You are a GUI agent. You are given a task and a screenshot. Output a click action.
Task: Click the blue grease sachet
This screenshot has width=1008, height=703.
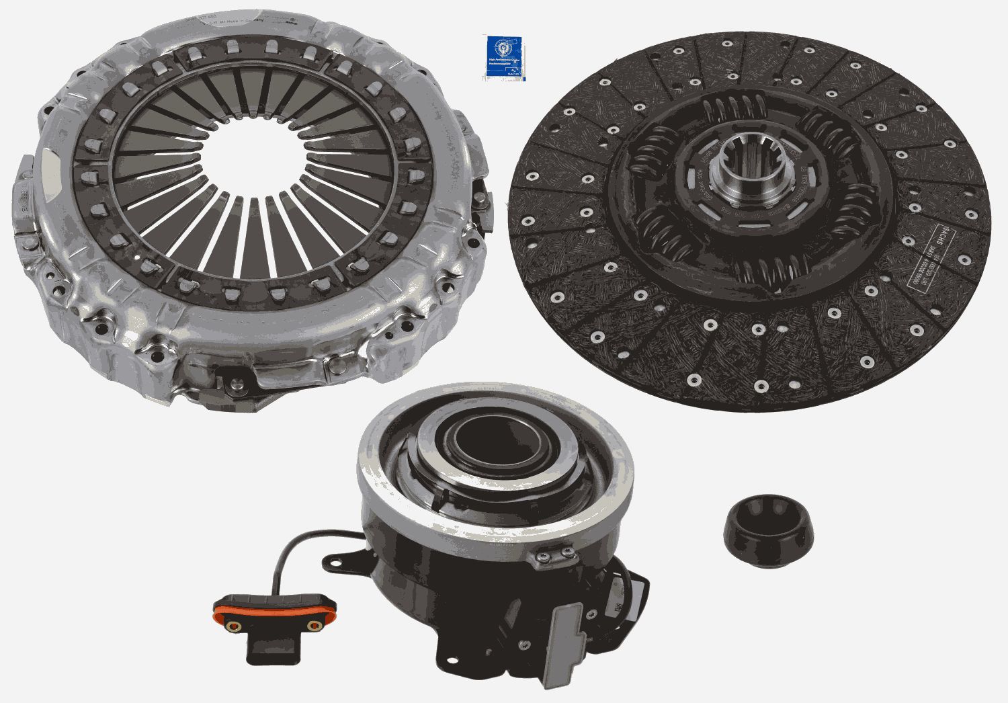click(x=503, y=57)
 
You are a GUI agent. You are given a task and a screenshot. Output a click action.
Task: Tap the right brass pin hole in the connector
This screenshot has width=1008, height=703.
click(x=312, y=626)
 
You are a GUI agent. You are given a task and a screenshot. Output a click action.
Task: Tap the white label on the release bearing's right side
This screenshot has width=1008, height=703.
click(x=616, y=607)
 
